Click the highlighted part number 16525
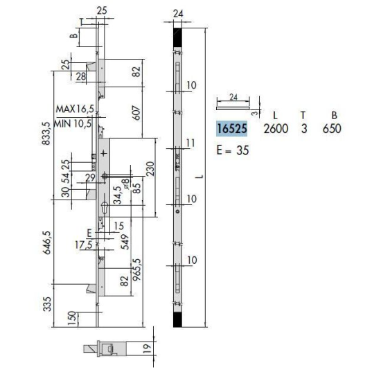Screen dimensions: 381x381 point(232,128)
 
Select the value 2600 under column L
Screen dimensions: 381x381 point(276,129)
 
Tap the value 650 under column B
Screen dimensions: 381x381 point(332,129)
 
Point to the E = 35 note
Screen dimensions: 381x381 point(233,150)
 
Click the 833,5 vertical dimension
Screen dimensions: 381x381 point(46,134)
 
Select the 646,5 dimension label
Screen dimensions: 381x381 point(46,242)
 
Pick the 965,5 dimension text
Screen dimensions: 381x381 point(136,269)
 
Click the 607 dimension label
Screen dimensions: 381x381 point(136,113)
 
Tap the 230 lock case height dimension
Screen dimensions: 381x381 point(150,168)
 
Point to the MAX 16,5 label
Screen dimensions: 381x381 point(75,109)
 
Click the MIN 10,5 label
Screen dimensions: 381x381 point(73,124)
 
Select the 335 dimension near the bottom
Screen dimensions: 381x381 point(47,303)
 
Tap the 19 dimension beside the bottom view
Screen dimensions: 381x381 point(147,348)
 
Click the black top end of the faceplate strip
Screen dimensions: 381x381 point(177,37)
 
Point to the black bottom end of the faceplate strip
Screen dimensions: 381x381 point(177,320)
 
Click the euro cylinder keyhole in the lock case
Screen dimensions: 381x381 point(105,208)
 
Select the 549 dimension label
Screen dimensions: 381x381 point(125,242)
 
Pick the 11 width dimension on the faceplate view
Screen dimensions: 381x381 point(190,143)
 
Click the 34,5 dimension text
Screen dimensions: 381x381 point(118,195)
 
